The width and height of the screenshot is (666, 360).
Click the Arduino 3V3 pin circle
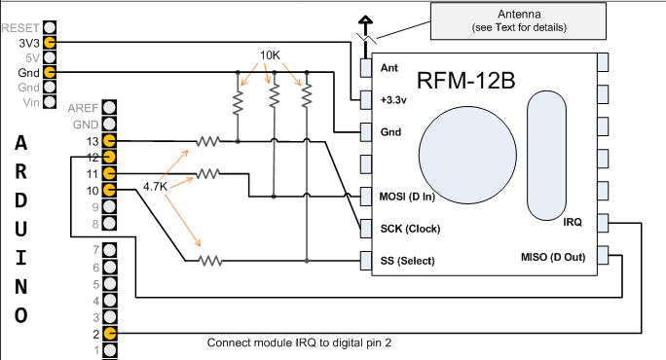[x=50, y=43]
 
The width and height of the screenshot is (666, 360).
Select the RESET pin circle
[x=50, y=27]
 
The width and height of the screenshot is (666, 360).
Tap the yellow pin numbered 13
[x=110, y=140]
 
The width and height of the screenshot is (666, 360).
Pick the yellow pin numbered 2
[x=110, y=334]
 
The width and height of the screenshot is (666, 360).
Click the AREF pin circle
[x=110, y=107]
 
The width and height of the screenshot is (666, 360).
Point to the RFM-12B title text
[x=466, y=80]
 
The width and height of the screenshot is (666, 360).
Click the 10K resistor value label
[x=270, y=55]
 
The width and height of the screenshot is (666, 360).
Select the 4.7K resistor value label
[x=156, y=187]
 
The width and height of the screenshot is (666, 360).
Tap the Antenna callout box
[x=518, y=21]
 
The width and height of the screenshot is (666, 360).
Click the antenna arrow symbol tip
[x=365, y=17]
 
